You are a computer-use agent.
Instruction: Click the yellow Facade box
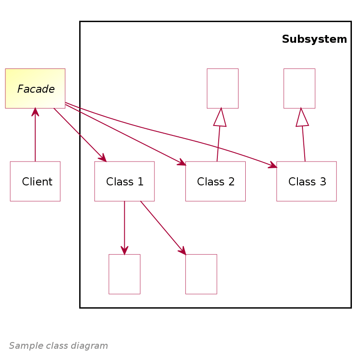coord(35,88)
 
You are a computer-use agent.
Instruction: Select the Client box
coord(35,181)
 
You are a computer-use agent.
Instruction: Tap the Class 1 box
coord(124,181)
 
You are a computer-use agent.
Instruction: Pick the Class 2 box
coord(215,181)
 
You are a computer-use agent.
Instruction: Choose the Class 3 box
coord(306,181)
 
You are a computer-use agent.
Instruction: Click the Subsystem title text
coord(314,39)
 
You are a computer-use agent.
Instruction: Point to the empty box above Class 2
coord(222,88)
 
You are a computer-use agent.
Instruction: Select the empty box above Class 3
coord(299,88)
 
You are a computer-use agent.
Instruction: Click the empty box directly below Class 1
coord(124,274)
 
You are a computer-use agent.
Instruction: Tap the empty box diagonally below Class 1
coord(201,274)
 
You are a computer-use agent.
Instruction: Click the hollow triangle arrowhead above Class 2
coord(220,118)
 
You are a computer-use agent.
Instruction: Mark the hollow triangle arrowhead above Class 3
coord(301,118)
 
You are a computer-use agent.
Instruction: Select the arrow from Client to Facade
coord(35,135)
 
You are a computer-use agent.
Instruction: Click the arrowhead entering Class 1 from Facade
coord(103,158)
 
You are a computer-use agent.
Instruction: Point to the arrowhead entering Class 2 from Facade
coord(182,163)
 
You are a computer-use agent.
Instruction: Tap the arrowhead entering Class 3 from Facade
coord(273,166)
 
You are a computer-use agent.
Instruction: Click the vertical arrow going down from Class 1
coord(124,227)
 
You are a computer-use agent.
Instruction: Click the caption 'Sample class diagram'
coord(58,346)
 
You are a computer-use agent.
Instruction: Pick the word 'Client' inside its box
coord(37,182)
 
